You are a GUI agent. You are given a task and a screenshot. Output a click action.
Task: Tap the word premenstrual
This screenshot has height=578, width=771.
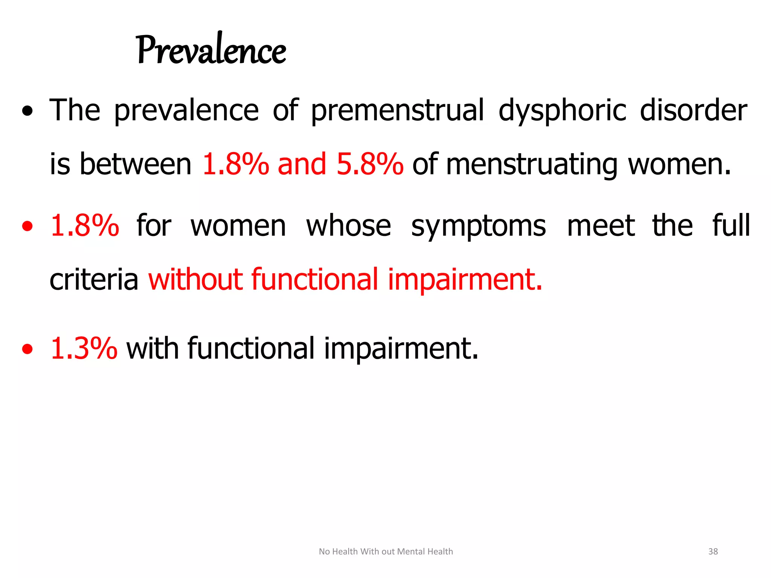click(397, 110)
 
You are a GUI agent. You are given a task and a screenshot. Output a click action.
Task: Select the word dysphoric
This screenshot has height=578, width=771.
click(562, 110)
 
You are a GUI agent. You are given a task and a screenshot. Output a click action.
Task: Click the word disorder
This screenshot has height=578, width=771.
click(693, 110)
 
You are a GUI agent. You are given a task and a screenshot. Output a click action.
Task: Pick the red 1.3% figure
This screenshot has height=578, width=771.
click(84, 348)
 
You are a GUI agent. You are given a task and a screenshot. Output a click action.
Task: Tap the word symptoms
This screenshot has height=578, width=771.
click(478, 226)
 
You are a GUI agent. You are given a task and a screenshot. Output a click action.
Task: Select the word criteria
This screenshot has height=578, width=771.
click(94, 280)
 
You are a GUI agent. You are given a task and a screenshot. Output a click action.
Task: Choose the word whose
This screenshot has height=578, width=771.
click(349, 226)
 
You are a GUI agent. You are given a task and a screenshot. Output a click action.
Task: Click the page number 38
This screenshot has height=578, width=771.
click(713, 551)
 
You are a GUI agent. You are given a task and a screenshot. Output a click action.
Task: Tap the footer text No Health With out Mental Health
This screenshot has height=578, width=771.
click(386, 551)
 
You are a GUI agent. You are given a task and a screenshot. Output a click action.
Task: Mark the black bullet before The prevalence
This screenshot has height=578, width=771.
click(27, 111)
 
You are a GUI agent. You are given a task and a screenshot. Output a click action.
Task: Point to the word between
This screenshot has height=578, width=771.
click(136, 164)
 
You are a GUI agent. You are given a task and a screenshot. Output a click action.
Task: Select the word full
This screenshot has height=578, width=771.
click(731, 226)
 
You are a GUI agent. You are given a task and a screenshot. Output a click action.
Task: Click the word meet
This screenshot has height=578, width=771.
click(601, 226)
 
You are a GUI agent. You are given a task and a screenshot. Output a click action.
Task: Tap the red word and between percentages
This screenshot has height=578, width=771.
click(302, 164)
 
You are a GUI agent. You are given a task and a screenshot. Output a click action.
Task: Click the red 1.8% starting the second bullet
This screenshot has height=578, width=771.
click(85, 226)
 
